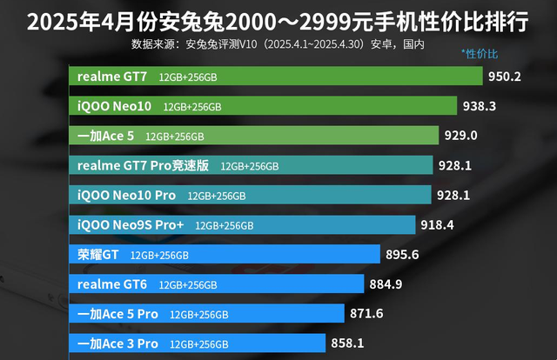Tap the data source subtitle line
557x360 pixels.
coord(278,43)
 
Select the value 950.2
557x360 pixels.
coord(505,76)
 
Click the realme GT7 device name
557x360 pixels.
coord(112,77)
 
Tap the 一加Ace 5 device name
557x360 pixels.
coord(105,136)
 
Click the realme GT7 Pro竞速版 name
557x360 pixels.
coord(143,165)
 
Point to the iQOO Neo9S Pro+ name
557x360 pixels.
coord(131,225)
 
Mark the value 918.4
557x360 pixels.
coord(438,225)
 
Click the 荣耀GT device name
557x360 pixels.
coord(97,255)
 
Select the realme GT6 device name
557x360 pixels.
coord(112,284)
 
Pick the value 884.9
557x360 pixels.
coord(386,284)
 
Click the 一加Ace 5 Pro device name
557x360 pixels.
coord(117,314)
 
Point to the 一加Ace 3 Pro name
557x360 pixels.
coord(117,343)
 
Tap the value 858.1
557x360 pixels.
coord(347,343)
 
